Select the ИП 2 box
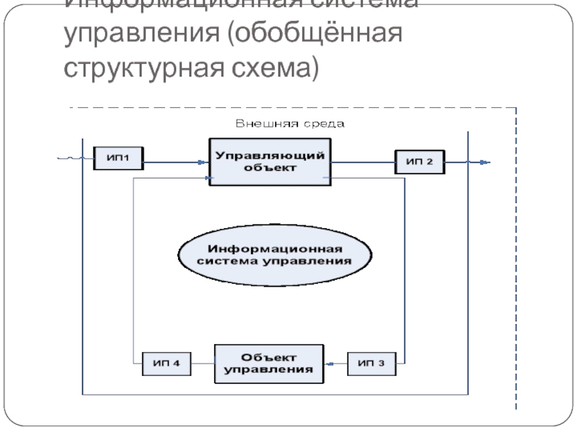click(419, 161)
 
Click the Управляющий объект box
click(265, 161)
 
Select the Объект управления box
click(268, 363)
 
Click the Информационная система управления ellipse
click(275, 256)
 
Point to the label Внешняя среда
click(291, 123)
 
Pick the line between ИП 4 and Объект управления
click(203, 364)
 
